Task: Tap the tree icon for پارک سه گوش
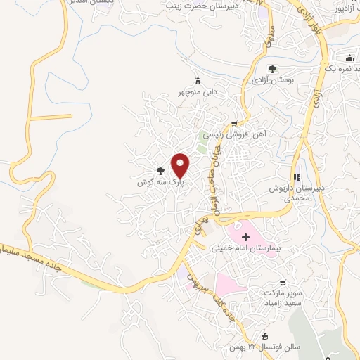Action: click(161, 170)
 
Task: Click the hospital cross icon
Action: click(245, 238)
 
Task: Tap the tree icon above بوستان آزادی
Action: click(272, 69)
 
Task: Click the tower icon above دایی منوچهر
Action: click(197, 82)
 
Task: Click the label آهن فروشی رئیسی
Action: click(228, 134)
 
